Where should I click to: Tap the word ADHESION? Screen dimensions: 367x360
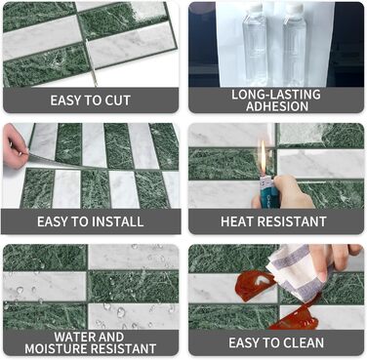[x=277, y=106]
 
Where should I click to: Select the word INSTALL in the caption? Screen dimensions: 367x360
[x=117, y=221]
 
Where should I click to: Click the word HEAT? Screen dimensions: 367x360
[x=235, y=221]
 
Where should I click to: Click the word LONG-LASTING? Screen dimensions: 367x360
[x=276, y=95]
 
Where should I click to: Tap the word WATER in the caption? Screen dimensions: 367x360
[x=71, y=337]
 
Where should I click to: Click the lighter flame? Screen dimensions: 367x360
[x=263, y=156]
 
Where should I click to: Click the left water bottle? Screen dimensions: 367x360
[x=254, y=45]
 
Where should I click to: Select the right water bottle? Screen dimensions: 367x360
[x=295, y=45]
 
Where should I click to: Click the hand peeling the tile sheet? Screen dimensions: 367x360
[x=14, y=146]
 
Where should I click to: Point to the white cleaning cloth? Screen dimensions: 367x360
[x=291, y=272]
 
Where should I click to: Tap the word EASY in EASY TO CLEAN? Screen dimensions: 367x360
[x=242, y=342]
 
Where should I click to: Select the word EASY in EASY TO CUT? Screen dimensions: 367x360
[x=64, y=100]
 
